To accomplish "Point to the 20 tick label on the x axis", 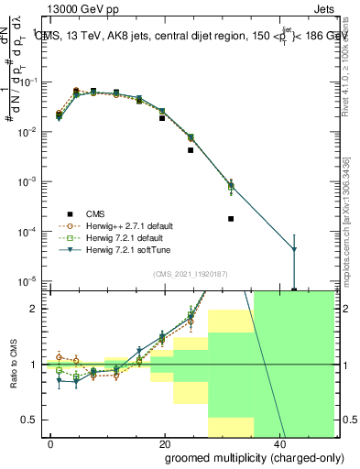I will (x=164, y=444).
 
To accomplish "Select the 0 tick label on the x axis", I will (x=51, y=444).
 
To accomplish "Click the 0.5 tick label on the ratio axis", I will (x=33, y=420).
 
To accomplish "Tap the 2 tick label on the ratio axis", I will (x=38, y=309).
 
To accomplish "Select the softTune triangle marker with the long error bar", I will (x=293, y=250).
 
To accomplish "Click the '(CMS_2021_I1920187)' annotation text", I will (x=190, y=274).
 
